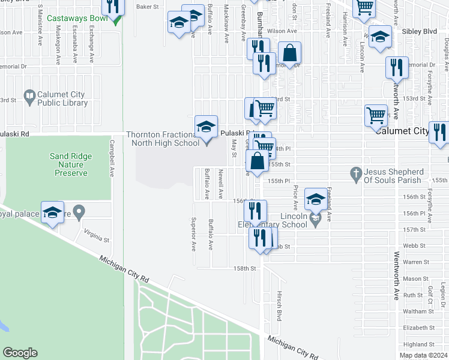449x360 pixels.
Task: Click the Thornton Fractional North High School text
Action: (x=163, y=139)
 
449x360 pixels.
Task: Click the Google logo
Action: (x=20, y=353)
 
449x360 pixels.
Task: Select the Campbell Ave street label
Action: (x=111, y=159)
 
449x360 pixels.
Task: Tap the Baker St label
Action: (x=147, y=7)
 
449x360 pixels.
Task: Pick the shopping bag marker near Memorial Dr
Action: (x=289, y=53)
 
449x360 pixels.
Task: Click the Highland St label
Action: (x=419, y=344)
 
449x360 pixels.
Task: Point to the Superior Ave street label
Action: (x=193, y=233)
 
